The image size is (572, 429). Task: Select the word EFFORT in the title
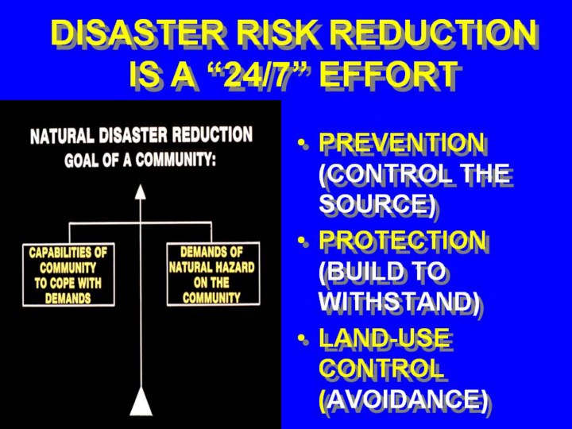(388, 75)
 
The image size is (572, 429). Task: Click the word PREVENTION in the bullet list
(402, 142)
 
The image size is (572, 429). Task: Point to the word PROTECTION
(402, 240)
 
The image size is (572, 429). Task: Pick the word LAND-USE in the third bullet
(385, 338)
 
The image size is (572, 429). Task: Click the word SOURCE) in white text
(377, 203)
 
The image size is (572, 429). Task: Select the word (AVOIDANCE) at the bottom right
(403, 399)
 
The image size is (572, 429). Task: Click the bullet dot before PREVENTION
(301, 143)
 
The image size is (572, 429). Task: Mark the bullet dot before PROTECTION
(301, 241)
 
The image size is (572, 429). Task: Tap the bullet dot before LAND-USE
(301, 338)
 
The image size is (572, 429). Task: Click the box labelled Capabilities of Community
(68, 275)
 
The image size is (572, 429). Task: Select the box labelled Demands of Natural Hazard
(214, 273)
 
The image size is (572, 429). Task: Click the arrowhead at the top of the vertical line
(141, 192)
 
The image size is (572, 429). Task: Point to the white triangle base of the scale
(141, 401)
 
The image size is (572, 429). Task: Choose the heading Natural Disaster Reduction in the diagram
(141, 135)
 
